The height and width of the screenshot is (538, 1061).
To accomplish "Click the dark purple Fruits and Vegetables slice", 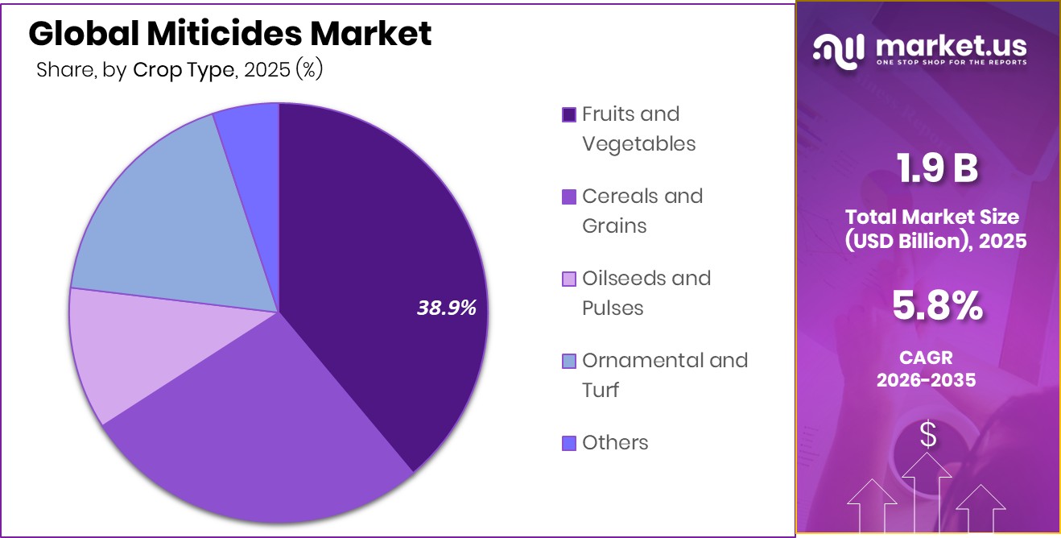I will point(378,242).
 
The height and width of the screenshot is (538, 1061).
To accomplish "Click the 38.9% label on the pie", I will point(447,307).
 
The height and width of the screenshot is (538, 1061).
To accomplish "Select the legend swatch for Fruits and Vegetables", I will point(569,114).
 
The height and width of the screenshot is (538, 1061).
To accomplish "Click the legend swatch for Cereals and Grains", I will point(569,197).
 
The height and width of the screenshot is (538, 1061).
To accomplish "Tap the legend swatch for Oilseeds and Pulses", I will point(569,279).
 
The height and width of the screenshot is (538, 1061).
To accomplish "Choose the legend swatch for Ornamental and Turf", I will point(569,361).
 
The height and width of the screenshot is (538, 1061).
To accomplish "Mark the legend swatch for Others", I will point(569,443).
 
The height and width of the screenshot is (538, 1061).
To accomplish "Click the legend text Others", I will point(615,443).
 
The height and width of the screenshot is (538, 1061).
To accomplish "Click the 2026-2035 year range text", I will point(927,379).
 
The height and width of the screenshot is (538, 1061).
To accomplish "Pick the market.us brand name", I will point(949,46).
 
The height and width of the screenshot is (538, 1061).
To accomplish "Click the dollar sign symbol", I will point(928,435).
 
